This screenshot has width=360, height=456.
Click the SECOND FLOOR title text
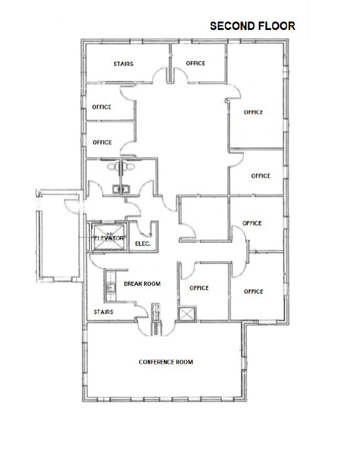[x=252, y=26]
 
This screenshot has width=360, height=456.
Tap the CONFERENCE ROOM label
[x=166, y=362]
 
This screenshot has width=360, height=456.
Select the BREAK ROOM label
[x=142, y=284]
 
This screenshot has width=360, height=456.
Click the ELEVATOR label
[x=108, y=238]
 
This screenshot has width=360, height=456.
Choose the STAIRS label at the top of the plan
[x=123, y=63]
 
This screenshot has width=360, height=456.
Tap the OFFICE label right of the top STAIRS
[x=195, y=63]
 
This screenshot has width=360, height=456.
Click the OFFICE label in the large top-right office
[x=253, y=113]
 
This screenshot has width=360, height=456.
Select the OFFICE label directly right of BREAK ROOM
[x=199, y=288]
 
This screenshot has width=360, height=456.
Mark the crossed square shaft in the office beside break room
[x=188, y=314]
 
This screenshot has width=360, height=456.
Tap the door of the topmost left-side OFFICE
[x=127, y=92]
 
